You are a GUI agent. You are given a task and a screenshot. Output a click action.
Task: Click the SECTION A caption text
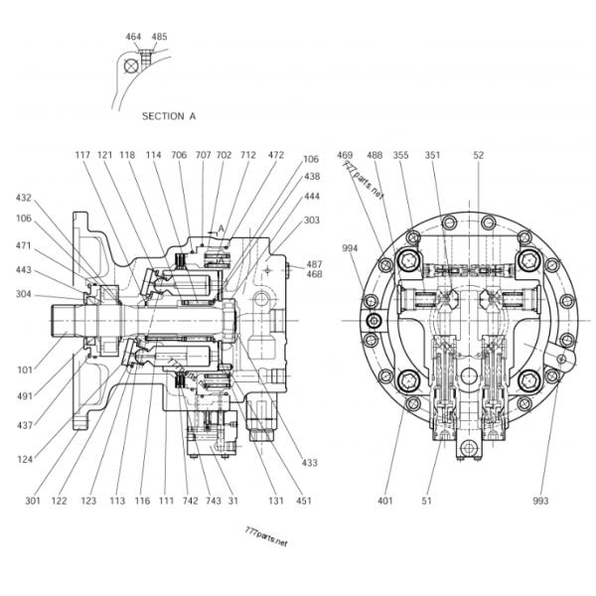169,116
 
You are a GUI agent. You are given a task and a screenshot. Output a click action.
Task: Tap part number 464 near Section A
134,37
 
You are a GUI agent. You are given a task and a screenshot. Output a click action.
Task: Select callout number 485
159,37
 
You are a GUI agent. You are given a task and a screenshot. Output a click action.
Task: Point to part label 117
82,155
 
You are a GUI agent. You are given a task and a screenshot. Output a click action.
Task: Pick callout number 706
179,155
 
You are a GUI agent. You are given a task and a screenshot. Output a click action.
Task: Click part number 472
275,155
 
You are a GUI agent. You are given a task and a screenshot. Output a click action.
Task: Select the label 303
311,221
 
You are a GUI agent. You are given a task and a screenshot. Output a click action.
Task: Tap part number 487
314,264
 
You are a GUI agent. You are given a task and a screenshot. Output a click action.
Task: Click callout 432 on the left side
23,198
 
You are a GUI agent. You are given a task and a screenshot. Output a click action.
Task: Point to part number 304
23,294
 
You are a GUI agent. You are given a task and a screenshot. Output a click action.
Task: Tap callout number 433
310,463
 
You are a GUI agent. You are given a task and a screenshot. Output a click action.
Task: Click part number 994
350,248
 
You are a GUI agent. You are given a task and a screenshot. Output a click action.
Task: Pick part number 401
384,502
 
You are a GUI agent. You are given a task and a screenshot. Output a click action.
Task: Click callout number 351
433,155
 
